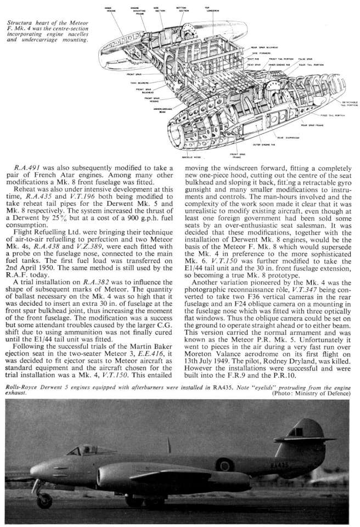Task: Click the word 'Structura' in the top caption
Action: [x=27, y=21]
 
